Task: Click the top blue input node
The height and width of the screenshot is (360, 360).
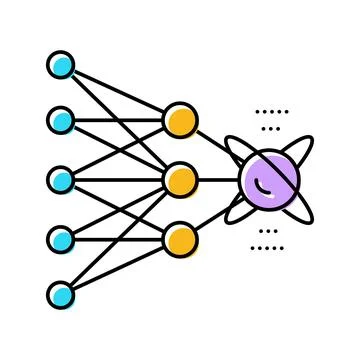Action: (61, 67)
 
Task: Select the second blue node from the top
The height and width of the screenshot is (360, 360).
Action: (61, 121)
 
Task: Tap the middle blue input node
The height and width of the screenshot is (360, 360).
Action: (61, 180)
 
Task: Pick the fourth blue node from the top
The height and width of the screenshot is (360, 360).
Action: (61, 239)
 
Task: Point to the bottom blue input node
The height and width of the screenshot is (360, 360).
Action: (61, 296)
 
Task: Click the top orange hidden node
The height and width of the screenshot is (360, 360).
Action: (180, 121)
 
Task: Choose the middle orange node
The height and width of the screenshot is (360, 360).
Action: (180, 180)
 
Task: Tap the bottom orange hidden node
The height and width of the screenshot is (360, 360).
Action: (180, 239)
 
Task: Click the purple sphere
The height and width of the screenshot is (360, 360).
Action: (268, 180)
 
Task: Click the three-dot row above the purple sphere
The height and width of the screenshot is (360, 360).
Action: (270, 129)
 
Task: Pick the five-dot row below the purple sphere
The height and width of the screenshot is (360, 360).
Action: (268, 247)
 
